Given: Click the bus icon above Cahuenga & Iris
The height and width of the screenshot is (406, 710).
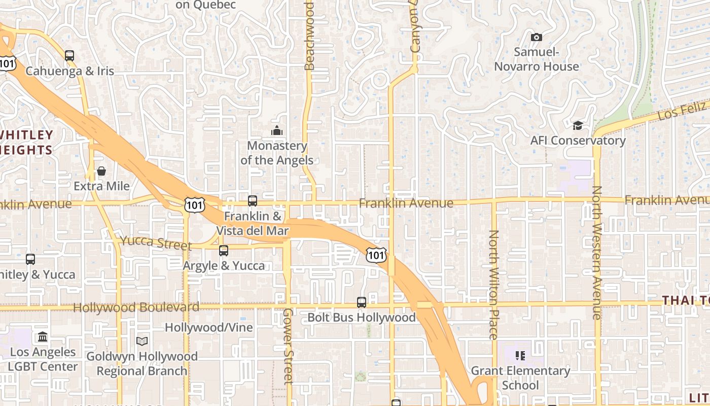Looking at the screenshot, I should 69,56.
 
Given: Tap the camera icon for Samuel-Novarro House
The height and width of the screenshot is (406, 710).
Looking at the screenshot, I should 536,37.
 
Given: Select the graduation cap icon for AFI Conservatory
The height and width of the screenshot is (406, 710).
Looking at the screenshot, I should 578,125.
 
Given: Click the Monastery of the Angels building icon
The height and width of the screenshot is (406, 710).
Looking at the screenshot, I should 276,131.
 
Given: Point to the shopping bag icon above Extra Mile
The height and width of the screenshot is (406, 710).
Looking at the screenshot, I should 101,171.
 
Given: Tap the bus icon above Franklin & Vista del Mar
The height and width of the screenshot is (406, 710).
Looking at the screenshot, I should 253,201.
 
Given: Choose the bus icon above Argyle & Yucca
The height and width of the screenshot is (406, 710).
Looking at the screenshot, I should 224,250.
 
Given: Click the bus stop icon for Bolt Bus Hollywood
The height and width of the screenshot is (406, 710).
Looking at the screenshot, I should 362,302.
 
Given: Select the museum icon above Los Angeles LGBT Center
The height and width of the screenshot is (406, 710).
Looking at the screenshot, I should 43,336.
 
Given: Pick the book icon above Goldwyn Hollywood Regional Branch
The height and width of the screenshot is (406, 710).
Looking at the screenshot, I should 142,341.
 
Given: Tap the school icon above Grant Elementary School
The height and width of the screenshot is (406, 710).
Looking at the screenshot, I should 520,356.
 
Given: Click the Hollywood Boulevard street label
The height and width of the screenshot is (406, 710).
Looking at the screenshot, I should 136,308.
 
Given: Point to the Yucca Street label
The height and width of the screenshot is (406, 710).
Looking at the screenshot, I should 155,243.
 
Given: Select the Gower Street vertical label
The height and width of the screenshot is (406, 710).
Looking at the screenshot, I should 288,346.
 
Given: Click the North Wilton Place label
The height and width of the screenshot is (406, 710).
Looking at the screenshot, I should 493,284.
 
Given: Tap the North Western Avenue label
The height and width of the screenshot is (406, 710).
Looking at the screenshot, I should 597,252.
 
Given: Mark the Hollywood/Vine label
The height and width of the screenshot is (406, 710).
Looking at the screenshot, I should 208,327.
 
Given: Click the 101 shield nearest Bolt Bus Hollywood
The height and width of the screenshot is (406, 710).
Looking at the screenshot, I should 376,255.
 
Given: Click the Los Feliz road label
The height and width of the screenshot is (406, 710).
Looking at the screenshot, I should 682,111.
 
